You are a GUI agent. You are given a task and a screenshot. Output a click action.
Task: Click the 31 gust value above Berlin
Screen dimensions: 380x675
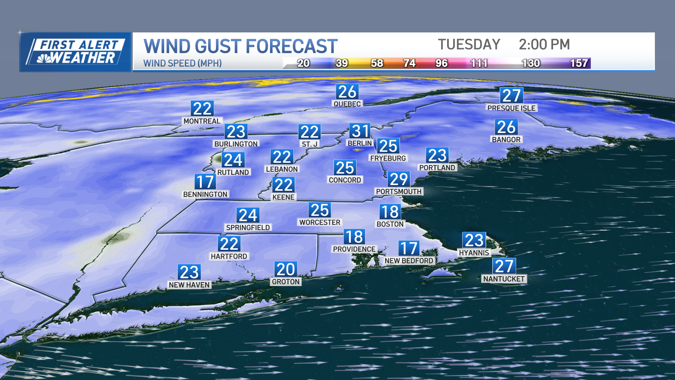point(360,131)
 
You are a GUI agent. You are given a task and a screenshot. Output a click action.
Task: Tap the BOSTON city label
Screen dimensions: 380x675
point(390,224)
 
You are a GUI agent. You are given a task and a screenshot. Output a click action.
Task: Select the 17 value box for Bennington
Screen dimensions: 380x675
point(205,182)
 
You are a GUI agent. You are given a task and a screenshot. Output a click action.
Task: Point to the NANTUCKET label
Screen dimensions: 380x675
point(504,279)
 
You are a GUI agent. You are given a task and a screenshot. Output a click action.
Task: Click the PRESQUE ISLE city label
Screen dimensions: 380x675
point(511,108)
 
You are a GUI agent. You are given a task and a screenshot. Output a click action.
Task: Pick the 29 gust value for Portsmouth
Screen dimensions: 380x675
point(399,179)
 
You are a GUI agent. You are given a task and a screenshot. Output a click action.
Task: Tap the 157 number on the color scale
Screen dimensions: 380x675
point(579,63)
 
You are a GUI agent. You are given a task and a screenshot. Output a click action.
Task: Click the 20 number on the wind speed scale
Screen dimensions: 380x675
point(303,63)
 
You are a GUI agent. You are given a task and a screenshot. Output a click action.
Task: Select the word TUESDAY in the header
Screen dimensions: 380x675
point(469,45)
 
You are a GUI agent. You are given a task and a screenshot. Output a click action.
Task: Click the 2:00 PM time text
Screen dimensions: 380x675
point(544,45)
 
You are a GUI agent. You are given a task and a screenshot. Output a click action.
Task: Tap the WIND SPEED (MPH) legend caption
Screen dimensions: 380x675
point(182,63)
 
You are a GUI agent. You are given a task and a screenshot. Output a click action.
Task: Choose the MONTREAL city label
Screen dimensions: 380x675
point(202,121)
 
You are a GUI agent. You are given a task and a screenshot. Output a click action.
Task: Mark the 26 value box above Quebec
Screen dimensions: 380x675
point(347,92)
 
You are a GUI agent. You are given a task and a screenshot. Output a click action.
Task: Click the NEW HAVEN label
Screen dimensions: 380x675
point(189,285)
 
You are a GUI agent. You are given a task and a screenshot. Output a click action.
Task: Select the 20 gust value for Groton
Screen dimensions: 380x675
point(285,270)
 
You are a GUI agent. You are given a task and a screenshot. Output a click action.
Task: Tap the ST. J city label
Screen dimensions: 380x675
point(309,144)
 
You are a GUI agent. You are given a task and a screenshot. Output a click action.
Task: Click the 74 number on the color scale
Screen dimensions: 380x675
point(409,63)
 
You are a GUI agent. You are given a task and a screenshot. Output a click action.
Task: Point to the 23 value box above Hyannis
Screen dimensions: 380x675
point(474,240)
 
